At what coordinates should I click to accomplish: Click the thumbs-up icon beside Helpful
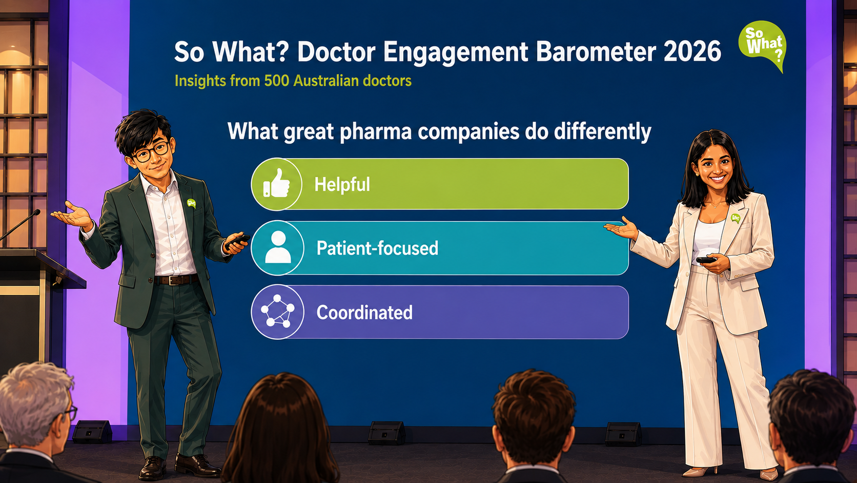coord(276,184)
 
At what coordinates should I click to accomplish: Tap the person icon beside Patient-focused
coord(278,247)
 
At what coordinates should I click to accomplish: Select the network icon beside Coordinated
coord(277,311)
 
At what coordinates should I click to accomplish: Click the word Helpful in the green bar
coord(342,184)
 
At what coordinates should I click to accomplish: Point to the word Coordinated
coord(364,312)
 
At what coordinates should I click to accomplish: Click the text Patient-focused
coord(377,248)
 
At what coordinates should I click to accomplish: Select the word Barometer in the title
coord(596,51)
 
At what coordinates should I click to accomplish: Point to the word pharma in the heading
coord(375,132)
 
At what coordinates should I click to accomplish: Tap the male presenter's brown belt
coord(176,280)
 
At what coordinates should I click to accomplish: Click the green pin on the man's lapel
coord(191,203)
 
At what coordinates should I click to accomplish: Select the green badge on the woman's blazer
coord(736,218)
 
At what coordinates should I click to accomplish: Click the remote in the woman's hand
coord(706,260)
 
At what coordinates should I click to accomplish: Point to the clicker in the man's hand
coord(237,241)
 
